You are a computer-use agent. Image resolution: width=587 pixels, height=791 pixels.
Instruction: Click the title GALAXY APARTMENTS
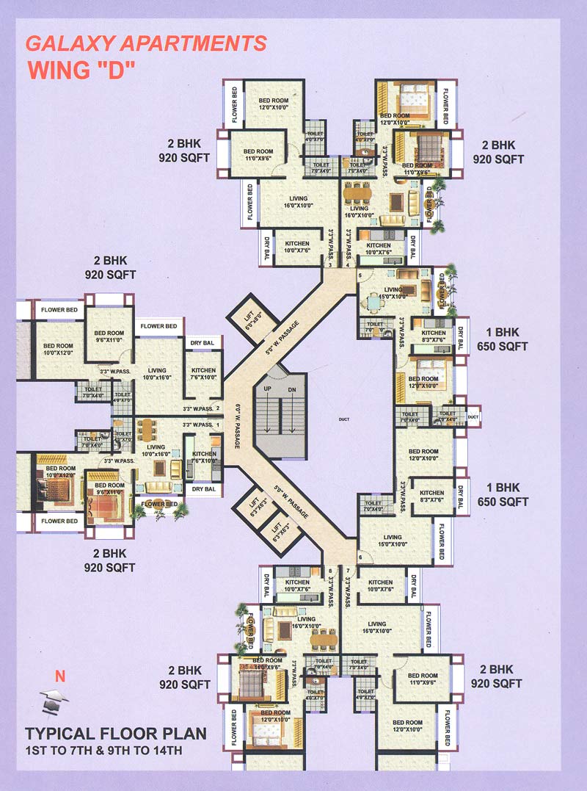(146, 44)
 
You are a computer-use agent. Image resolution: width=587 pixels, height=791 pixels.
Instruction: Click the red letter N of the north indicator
(60, 677)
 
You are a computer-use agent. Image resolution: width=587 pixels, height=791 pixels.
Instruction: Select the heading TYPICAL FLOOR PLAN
(116, 733)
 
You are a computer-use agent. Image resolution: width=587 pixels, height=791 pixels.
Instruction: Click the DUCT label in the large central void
(344, 419)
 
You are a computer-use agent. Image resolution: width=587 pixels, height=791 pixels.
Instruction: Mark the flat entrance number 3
(330, 265)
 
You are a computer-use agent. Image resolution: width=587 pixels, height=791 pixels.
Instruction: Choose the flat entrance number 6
(360, 557)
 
